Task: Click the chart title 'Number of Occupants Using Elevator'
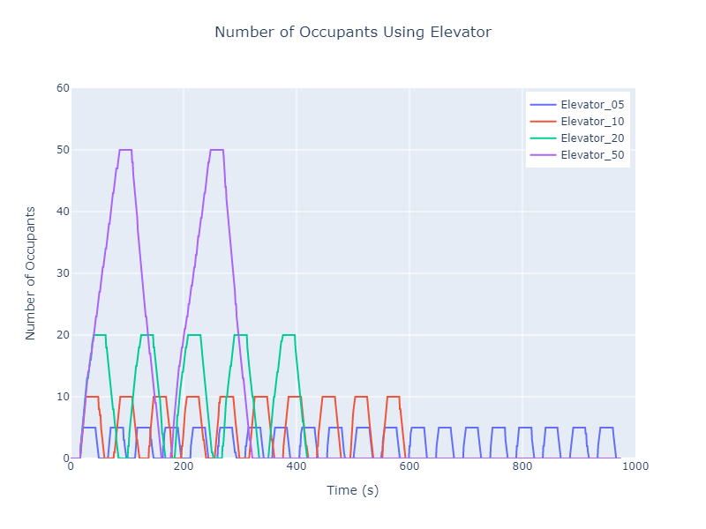point(353,33)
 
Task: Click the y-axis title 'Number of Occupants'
point(31,273)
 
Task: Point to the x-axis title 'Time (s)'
point(353,490)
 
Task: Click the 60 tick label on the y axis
point(62,88)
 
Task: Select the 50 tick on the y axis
point(62,150)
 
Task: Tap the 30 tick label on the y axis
point(62,273)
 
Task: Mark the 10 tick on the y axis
point(62,397)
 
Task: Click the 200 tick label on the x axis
point(184,467)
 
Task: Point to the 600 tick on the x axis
point(409,467)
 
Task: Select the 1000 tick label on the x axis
point(634,467)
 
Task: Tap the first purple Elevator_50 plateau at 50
point(125,150)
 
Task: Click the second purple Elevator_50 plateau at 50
point(217,150)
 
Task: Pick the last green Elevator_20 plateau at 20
point(289,335)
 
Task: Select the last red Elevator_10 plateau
point(394,397)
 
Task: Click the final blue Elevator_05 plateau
point(606,428)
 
